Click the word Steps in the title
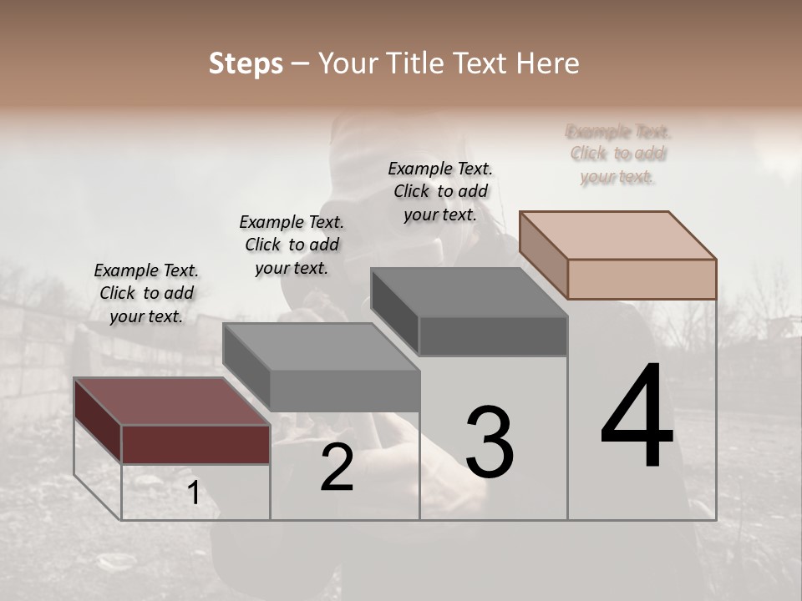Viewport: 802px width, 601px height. [246, 63]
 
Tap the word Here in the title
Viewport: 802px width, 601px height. [543, 63]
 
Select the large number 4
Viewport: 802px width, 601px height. [637, 417]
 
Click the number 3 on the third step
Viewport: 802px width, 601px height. [490, 443]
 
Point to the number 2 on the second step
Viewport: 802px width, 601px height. [337, 468]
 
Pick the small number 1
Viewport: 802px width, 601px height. [194, 493]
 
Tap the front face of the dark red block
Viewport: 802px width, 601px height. [195, 444]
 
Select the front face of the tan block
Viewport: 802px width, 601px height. [642, 279]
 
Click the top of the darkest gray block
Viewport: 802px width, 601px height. [469, 292]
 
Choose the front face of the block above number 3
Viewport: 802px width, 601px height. [493, 336]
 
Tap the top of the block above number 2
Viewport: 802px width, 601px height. [321, 347]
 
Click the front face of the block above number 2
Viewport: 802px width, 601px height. [344, 391]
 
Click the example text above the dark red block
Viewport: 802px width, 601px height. [146, 293]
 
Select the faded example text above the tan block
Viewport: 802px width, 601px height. [618, 154]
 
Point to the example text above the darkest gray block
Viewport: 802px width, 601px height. [440, 191]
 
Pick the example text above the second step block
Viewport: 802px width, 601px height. [292, 245]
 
